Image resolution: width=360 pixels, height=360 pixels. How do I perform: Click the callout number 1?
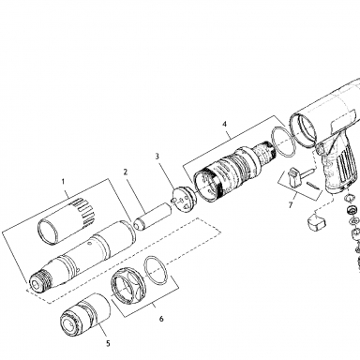(63, 181)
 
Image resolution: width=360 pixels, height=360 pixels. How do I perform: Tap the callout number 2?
(126, 172)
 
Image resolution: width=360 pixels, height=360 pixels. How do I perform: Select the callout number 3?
(157, 156)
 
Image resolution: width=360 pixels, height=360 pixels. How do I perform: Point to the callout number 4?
(224, 124)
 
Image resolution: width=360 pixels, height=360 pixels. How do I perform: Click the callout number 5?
(108, 343)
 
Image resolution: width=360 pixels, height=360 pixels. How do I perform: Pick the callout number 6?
(161, 319)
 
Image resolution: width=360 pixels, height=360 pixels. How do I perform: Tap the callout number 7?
(291, 205)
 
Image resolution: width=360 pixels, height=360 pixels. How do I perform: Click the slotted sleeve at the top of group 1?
(67, 220)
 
